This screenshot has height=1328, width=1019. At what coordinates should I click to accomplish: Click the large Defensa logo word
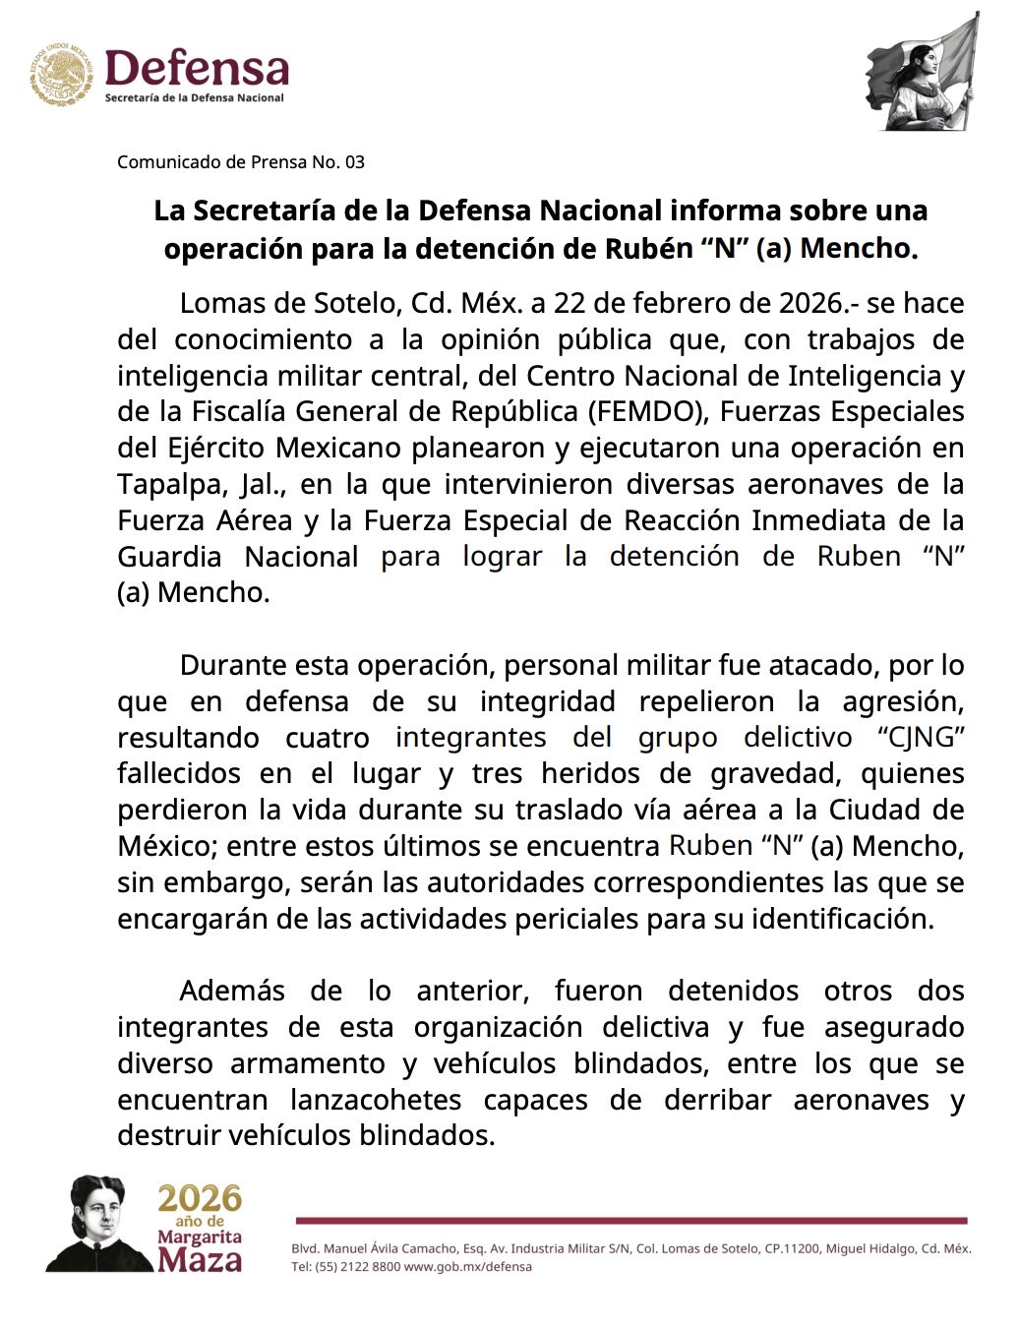(x=197, y=69)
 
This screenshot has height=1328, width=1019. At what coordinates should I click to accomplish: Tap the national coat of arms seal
(x=61, y=74)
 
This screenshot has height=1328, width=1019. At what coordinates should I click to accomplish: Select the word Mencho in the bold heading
(x=858, y=249)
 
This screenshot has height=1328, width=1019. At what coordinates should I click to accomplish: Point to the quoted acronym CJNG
(x=919, y=738)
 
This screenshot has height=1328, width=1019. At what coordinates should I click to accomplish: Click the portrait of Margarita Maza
(x=98, y=1225)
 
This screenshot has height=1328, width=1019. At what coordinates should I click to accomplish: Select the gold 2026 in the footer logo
(x=200, y=1198)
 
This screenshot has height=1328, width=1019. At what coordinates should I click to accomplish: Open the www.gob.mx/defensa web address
(x=468, y=1267)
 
